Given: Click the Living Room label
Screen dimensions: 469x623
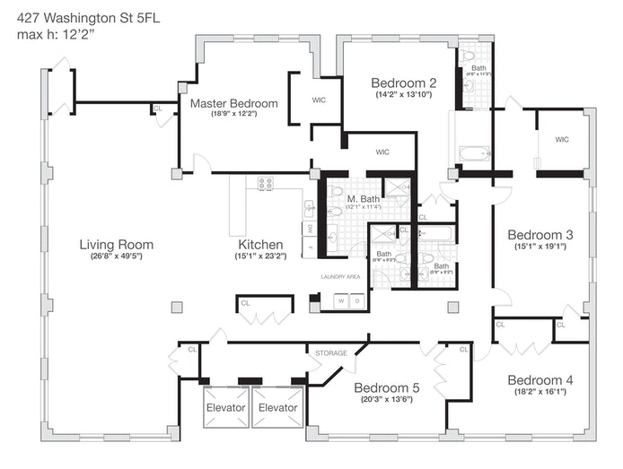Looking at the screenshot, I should click(x=116, y=244).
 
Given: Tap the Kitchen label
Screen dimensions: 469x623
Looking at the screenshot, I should click(x=260, y=244).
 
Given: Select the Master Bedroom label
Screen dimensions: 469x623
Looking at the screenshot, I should click(x=233, y=103).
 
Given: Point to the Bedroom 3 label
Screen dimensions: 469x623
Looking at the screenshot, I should click(x=540, y=235).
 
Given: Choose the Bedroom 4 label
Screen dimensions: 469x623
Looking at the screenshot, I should click(x=540, y=379).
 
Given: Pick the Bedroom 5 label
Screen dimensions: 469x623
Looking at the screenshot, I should click(x=386, y=387).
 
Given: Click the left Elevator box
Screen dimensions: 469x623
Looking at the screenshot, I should click(x=225, y=407).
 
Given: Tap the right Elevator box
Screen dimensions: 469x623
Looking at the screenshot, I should click(x=277, y=407).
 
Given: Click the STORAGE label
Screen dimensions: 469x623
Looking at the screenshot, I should click(x=330, y=353).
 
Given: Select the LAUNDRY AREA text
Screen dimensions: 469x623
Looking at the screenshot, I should click(x=340, y=276).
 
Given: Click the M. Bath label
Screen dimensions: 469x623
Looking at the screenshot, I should click(x=364, y=197).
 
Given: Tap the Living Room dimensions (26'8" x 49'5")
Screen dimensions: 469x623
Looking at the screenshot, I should click(x=116, y=256).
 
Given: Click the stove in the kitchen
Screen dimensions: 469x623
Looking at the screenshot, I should click(x=266, y=184).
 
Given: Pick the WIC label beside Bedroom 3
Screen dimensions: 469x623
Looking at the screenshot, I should click(x=562, y=139).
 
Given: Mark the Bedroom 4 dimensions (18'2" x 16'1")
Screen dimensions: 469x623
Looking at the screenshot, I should click(x=540, y=391).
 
